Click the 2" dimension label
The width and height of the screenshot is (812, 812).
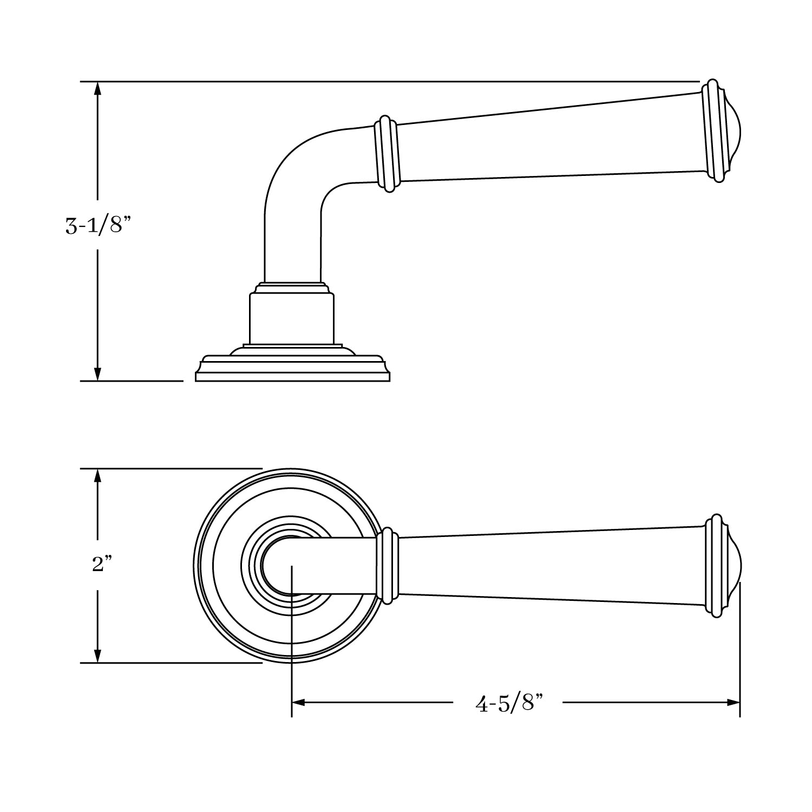pyautogui.click(x=102, y=565)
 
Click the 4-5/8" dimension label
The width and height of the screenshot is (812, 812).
pyautogui.click(x=508, y=703)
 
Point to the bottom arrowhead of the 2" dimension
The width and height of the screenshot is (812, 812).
pyautogui.click(x=97, y=656)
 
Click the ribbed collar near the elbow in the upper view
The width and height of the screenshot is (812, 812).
pyautogui.click(x=387, y=153)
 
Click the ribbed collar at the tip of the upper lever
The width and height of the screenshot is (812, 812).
pyautogui.click(x=713, y=132)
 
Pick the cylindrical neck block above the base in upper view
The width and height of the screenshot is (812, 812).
pyautogui.click(x=291, y=318)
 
